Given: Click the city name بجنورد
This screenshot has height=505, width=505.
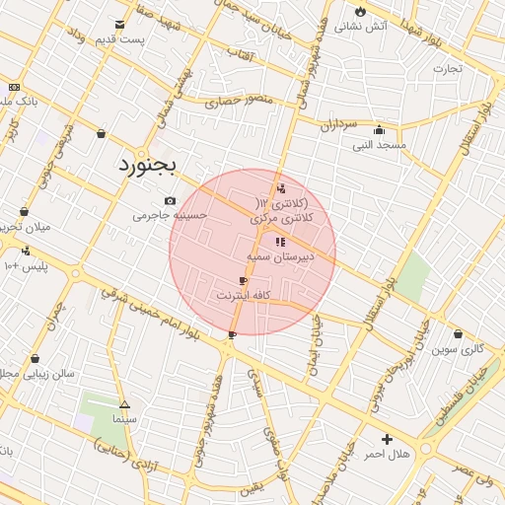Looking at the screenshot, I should pos(145,164).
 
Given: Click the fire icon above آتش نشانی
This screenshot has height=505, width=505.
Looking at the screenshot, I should pos(361,12).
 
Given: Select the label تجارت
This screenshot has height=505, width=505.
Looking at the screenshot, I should pos(447,68).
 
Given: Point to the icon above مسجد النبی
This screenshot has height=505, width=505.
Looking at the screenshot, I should pos(380,129).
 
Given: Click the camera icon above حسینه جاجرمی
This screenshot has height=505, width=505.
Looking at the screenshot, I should pos(170,199).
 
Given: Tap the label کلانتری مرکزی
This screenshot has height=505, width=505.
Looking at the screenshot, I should pos(280,216).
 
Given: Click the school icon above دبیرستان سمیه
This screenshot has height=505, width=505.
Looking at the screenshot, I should pos(280,241).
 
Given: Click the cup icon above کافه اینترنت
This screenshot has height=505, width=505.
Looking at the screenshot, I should pos(243,281).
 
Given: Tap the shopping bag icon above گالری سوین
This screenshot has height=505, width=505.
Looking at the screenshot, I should pos(458,333).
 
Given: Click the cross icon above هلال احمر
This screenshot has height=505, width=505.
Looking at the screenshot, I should pos(387,439).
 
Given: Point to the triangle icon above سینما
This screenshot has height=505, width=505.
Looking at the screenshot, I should pos(124,404).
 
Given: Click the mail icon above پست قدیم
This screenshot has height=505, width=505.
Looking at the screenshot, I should pos(120,25).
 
